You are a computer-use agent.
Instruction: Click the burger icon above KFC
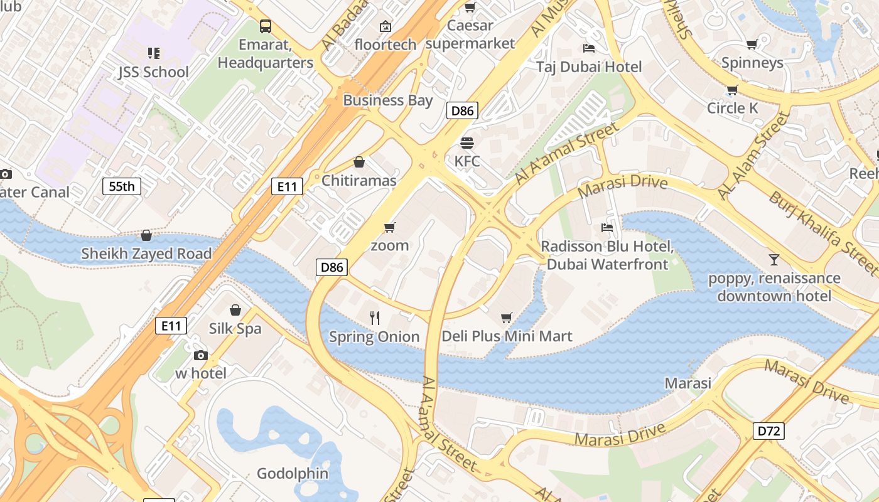tap(466, 142)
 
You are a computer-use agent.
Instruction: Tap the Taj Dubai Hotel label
tap(589, 67)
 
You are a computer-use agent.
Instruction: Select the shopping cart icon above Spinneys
tap(752, 44)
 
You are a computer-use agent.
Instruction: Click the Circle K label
tap(732, 108)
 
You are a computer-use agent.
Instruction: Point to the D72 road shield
tap(768, 431)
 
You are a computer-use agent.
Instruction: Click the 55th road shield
tap(122, 186)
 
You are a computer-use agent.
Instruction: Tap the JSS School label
tap(153, 72)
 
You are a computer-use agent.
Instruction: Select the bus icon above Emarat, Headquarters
tap(266, 26)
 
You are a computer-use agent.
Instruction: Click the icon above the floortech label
tap(386, 26)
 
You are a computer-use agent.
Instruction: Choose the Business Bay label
tap(387, 100)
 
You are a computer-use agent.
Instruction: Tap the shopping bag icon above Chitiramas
tap(359, 163)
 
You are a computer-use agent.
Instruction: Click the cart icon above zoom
tap(389, 227)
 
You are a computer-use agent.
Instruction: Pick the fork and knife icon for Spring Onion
tap(375, 318)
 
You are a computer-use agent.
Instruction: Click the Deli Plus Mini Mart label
tap(507, 336)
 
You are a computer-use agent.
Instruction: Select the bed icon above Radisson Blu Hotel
tap(607, 228)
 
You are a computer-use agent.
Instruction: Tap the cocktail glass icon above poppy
tap(774, 259)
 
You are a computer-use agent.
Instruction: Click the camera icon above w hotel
tap(200, 356)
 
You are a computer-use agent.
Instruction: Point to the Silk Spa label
tap(235, 329)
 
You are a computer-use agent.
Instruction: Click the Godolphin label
tap(293, 474)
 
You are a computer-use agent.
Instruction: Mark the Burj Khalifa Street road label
tap(822, 233)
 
